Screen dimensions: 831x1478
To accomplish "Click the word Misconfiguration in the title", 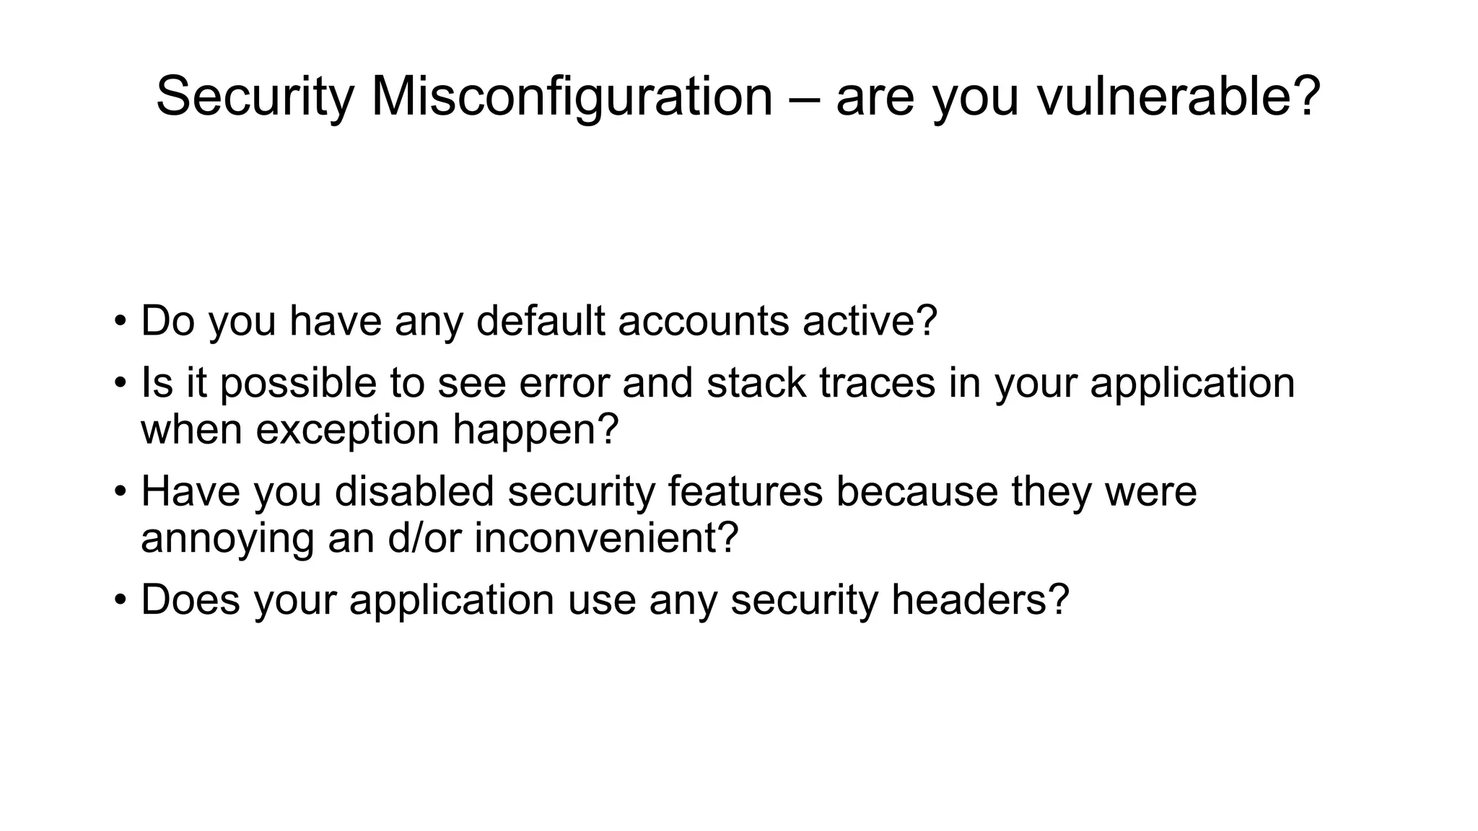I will (572, 97).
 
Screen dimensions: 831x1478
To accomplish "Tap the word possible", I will (298, 383).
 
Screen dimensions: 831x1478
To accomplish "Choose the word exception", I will (348, 430).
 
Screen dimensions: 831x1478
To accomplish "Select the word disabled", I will (414, 491).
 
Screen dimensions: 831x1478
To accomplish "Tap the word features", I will (745, 491).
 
